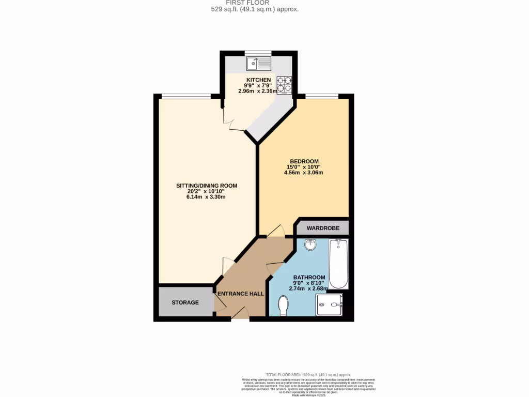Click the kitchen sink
point(259,64)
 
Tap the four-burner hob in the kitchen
point(284,85)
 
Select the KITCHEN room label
point(258,80)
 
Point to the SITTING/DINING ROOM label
point(207,186)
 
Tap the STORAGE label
point(185,302)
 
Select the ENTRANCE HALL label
point(241,294)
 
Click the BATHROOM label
point(309,277)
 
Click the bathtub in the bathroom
point(339,264)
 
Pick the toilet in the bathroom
point(283,305)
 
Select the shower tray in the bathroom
point(330,304)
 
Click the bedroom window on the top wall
point(322,96)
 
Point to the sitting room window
point(186,96)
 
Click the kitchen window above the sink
point(258,52)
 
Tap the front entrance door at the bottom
point(240,315)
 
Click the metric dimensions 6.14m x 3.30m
point(206,197)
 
